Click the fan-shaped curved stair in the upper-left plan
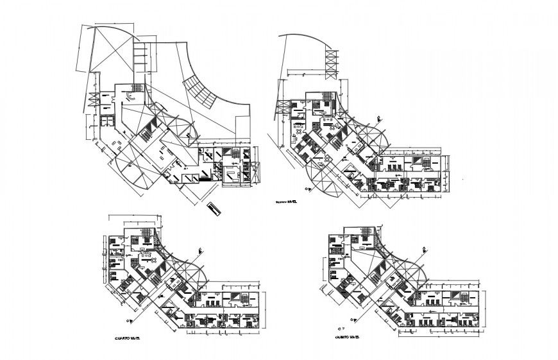pyautogui.click(x=201, y=90)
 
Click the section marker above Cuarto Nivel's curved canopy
pyautogui.click(x=201, y=251)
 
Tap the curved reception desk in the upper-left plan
pyautogui.click(x=130, y=95)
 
